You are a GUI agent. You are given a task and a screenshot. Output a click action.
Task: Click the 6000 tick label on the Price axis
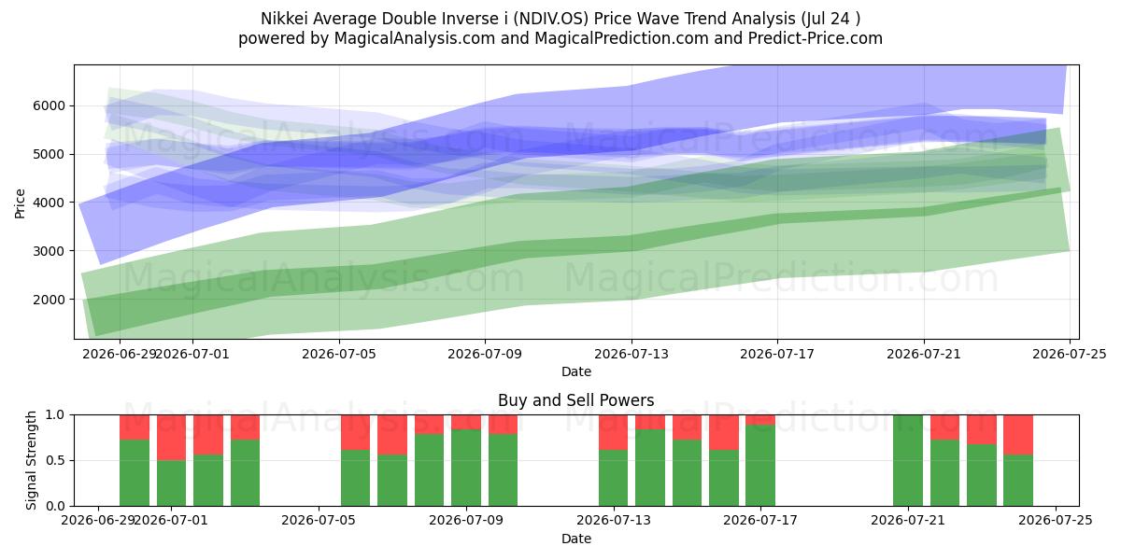[x=49, y=106]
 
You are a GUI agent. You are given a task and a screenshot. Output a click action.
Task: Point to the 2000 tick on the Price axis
[x=49, y=300]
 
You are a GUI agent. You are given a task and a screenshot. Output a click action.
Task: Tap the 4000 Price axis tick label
[x=49, y=203]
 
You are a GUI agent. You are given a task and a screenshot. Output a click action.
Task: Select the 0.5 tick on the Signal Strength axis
[x=55, y=460]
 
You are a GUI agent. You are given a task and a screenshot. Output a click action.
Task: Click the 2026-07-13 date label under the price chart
[x=631, y=354]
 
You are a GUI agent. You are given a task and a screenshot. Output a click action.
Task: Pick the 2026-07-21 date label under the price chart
[x=924, y=354]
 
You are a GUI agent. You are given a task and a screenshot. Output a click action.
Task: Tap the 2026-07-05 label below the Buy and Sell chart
[x=319, y=520]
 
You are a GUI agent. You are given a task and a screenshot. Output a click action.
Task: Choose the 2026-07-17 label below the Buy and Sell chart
[x=760, y=520]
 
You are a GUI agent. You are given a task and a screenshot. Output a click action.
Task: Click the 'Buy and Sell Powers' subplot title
[x=576, y=400]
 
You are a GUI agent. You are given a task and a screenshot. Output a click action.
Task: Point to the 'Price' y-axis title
[x=20, y=203]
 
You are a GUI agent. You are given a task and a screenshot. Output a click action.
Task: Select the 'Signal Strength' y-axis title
[x=31, y=460]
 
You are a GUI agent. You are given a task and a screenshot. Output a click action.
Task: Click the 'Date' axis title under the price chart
[x=576, y=371]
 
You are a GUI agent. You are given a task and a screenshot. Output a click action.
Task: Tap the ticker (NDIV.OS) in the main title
[x=551, y=19]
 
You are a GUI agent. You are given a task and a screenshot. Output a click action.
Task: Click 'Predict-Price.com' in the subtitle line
[x=816, y=38]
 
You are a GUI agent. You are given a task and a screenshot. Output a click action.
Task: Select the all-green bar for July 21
[x=908, y=460]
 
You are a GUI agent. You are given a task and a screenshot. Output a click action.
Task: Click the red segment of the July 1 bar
[x=171, y=438]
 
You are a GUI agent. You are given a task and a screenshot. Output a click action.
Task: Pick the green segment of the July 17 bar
[x=760, y=466]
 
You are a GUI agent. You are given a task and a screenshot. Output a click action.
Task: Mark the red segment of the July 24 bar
[x=1018, y=435]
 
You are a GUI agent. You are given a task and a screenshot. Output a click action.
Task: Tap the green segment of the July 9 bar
[x=466, y=468]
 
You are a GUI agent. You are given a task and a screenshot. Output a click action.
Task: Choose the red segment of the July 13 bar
[x=613, y=432]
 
